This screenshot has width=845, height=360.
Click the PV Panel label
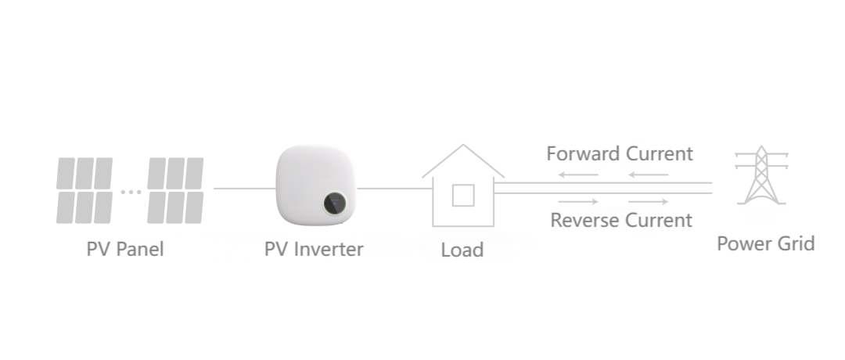coord(125,250)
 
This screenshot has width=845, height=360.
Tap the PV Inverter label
coord(314,250)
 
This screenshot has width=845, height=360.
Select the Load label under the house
coord(462,250)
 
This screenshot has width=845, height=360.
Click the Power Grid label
coord(765,243)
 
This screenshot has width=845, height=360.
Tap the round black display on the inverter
coord(335,203)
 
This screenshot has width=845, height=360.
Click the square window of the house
coord(463,195)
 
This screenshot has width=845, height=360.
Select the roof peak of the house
coord(463,145)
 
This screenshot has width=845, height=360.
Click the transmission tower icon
coord(761,175)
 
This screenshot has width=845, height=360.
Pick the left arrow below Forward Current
coord(578,175)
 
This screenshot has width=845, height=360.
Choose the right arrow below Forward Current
coord(649,175)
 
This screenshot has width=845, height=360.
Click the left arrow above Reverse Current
coord(578,202)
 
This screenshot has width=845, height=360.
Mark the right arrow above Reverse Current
coord(649,202)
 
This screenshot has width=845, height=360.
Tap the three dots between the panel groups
coord(131,192)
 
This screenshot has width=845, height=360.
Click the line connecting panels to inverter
coord(245,189)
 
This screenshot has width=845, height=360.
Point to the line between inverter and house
coord(394,189)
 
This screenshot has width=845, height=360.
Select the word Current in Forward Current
coord(659,153)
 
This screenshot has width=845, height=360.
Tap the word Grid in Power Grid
coord(795,243)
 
